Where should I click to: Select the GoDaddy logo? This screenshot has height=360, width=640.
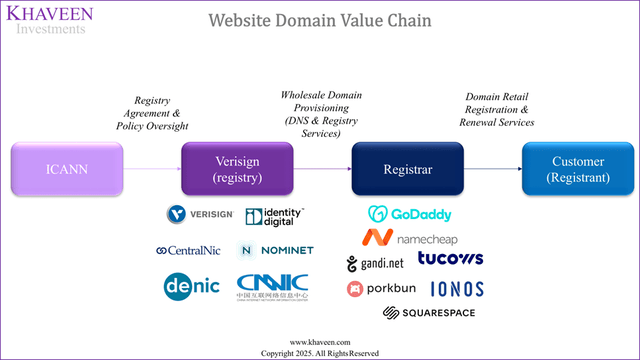tap(409, 213)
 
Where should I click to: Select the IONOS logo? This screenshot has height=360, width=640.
tap(457, 289)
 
